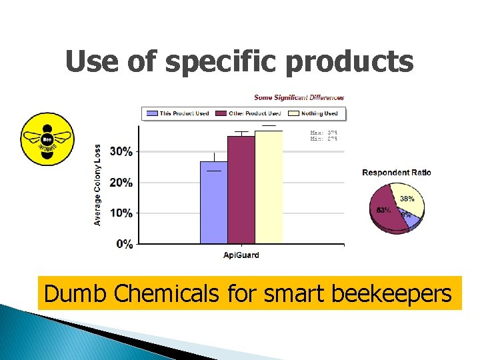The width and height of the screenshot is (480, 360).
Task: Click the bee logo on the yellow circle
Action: click(47, 139)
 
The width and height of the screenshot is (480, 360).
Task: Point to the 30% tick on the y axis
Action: click(121, 151)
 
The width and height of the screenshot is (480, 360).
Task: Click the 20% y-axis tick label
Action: click(121, 183)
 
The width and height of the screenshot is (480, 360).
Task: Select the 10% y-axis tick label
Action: click(121, 213)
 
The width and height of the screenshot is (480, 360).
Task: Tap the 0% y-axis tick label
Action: click(124, 244)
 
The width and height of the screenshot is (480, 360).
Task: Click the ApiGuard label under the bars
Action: click(241, 255)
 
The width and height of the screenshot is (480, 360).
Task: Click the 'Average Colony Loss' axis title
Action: click(98, 185)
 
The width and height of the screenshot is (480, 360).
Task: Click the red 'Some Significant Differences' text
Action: click(299, 97)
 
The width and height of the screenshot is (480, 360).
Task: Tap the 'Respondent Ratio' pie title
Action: click(397, 173)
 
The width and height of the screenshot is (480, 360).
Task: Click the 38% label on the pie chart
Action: click(407, 198)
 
